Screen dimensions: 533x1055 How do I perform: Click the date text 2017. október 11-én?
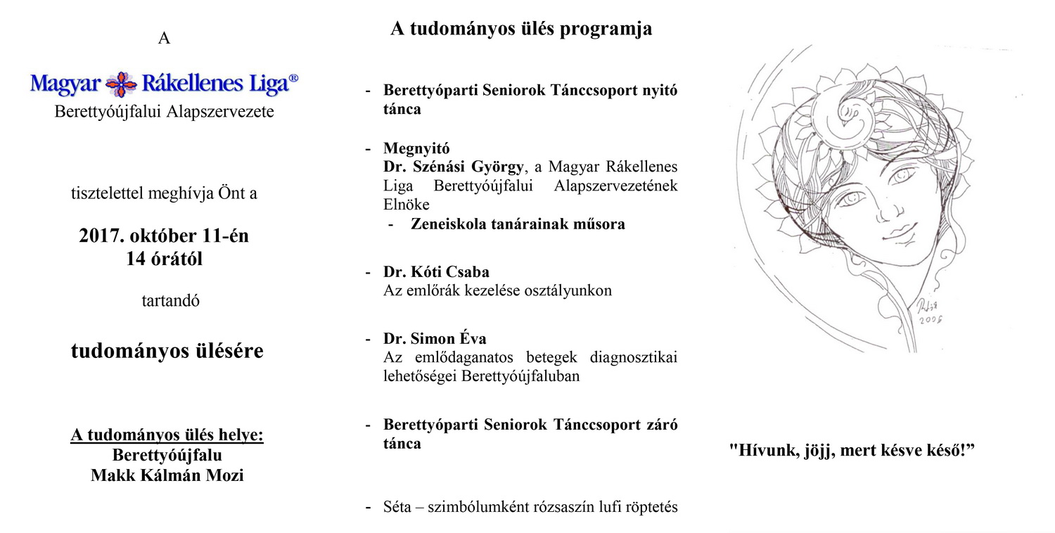164,236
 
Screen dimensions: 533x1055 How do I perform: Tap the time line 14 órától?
164,259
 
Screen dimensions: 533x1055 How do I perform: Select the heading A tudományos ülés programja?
521,29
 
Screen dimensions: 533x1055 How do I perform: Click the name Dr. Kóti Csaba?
436,272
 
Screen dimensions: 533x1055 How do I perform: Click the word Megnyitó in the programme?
416,149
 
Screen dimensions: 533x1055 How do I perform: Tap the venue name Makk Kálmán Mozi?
167,475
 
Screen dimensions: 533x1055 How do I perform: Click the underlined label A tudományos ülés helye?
167,435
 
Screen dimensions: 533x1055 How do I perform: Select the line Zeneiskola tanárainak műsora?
518,224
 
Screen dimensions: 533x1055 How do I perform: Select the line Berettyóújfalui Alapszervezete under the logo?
165,111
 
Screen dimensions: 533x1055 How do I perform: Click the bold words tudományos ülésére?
167,351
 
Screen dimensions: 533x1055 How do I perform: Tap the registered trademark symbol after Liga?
293,79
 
